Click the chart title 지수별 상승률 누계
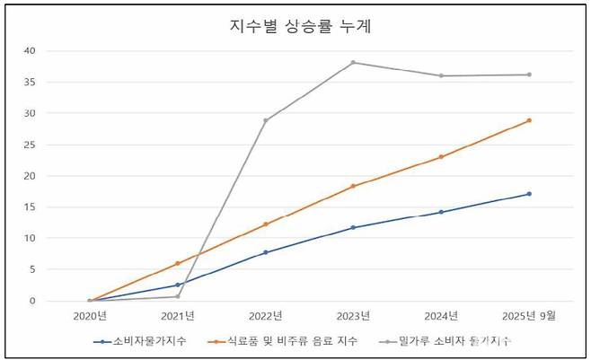[300, 26]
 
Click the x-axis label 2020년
[90, 315]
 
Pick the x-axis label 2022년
[266, 315]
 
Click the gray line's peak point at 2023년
[353, 63]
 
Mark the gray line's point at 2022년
[265, 120]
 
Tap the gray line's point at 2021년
[178, 296]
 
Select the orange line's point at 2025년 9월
[529, 120]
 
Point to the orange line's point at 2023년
[353, 186]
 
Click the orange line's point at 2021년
[178, 263]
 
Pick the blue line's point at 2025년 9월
[529, 194]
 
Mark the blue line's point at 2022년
[265, 252]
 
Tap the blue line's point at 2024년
[441, 212]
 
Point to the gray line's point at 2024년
[441, 75]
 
